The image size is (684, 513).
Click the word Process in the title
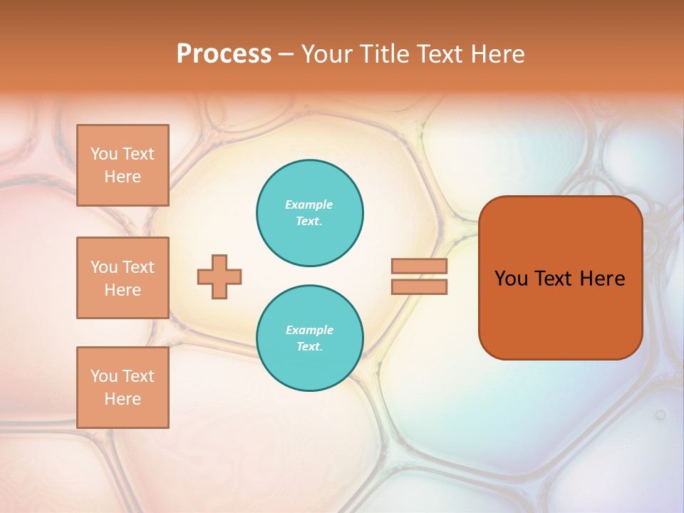click(x=224, y=54)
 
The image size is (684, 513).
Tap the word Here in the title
click(x=499, y=54)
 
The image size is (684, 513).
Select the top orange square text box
click(x=123, y=165)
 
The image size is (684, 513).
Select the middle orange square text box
click(x=123, y=278)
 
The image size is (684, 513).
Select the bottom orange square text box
click(x=123, y=388)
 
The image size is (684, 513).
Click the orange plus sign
click(x=219, y=276)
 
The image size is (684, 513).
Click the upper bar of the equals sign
click(x=419, y=266)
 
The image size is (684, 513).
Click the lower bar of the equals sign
click(x=419, y=287)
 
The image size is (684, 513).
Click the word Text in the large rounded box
click(x=553, y=279)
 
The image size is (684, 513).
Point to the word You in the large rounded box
click(x=511, y=279)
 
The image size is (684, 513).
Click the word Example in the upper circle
click(x=309, y=204)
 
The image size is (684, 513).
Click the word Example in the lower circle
click(x=309, y=330)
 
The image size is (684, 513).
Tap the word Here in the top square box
click(x=123, y=177)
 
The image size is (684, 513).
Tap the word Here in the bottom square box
click(x=123, y=399)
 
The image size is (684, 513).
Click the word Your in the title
click(x=328, y=54)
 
